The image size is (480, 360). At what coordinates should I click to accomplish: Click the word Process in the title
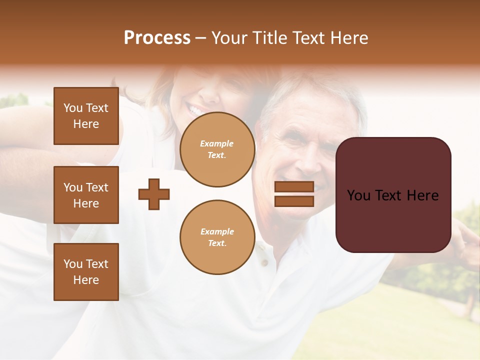pyautogui.click(x=157, y=38)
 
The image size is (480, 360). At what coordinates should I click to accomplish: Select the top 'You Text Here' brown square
pyautogui.click(x=86, y=116)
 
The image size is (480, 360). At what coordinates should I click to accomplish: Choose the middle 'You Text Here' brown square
pyautogui.click(x=86, y=195)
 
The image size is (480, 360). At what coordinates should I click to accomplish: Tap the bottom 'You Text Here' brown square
pyautogui.click(x=86, y=272)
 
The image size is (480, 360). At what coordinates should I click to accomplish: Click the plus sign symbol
pyautogui.click(x=154, y=194)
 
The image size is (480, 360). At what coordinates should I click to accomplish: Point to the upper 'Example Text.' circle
pyautogui.click(x=217, y=149)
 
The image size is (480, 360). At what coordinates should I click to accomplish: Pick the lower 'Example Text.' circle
pyautogui.click(x=217, y=237)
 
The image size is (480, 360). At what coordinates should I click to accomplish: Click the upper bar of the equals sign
pyautogui.click(x=294, y=187)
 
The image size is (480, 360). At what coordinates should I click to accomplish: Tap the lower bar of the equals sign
pyautogui.click(x=294, y=201)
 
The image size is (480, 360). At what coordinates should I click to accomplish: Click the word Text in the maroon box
pyautogui.click(x=392, y=195)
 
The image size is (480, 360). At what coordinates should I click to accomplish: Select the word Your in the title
pyautogui.click(x=229, y=38)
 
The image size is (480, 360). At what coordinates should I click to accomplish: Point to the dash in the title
pyautogui.click(x=201, y=38)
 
